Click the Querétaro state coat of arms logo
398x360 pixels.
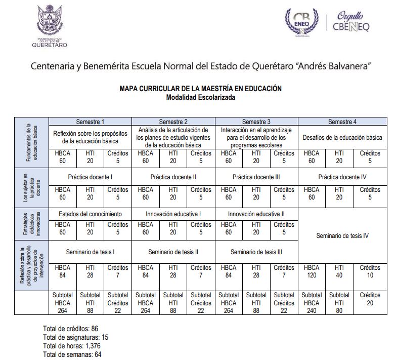49,20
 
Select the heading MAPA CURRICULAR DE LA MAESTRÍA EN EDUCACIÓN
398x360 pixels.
201,88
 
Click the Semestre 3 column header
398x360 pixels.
256,122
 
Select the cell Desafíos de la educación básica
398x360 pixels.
342,137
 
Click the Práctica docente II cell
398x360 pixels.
173,177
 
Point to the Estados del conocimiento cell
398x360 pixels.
90,214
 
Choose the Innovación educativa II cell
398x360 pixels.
256,214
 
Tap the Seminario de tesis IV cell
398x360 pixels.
342,235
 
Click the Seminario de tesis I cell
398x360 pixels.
90,251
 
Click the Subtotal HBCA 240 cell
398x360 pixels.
312,303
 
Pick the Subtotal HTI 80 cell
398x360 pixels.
339,303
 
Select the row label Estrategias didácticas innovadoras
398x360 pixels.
31,223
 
